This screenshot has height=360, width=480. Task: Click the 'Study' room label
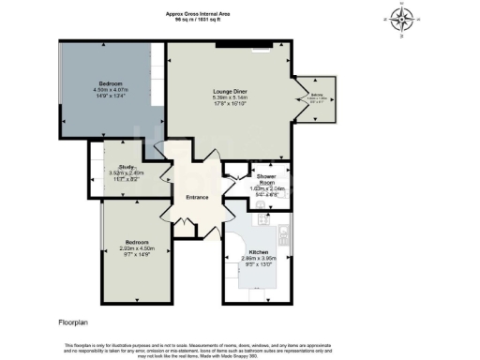(x=115, y=167)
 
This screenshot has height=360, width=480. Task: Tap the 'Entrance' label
(x=197, y=197)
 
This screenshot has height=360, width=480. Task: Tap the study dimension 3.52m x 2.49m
(x=115, y=173)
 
